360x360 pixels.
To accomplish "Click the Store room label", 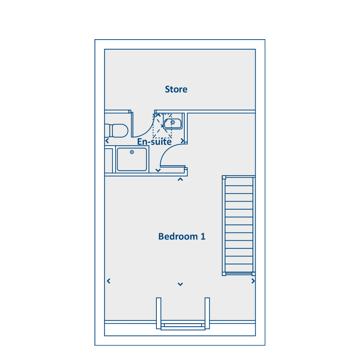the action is (176, 89).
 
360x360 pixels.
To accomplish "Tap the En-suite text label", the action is (154, 142).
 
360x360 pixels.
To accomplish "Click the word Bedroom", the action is (178, 236).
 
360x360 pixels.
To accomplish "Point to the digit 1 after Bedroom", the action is (203, 236).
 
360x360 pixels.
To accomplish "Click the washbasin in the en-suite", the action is (173, 124).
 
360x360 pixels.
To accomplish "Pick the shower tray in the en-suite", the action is (132, 159).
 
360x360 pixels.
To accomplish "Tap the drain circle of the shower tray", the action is (132, 152).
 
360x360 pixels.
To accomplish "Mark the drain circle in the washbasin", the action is (173, 122).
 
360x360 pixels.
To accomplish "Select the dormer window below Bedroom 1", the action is (183, 314).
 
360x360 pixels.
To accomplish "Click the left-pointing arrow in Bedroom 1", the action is (108, 281).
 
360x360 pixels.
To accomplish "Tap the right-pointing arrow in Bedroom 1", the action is (253, 281).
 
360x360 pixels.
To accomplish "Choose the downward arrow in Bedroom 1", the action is (180, 284).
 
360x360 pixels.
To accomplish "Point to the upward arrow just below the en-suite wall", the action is (180, 179).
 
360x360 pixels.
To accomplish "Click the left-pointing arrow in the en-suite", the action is (107, 141).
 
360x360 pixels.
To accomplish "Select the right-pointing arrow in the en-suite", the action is (182, 141).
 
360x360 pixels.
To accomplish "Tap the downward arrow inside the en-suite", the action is (158, 170).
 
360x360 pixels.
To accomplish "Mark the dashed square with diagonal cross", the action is (162, 126).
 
